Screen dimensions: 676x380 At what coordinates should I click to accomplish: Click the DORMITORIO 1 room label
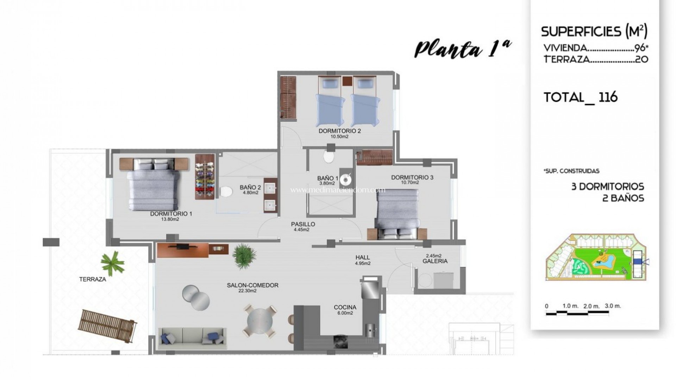click(x=171, y=214)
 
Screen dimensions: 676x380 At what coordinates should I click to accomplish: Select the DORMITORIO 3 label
click(x=412, y=177)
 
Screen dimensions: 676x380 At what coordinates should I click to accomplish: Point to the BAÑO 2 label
click(x=250, y=188)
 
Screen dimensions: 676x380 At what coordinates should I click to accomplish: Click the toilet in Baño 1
click(x=329, y=156)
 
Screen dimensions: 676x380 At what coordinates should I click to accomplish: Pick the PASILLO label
click(x=303, y=224)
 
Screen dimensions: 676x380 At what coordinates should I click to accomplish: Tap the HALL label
click(x=363, y=258)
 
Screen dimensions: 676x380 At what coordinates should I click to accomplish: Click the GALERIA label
click(x=435, y=261)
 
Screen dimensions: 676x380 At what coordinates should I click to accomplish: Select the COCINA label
click(x=345, y=307)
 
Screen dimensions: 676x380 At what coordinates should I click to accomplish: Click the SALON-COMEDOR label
click(x=253, y=285)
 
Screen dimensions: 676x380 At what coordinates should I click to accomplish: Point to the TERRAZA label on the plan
click(x=93, y=279)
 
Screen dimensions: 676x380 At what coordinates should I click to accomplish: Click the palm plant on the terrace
click(x=112, y=263)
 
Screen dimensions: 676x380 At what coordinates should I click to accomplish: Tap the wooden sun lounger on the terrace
click(x=108, y=325)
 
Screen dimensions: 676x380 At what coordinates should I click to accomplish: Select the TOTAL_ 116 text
click(x=581, y=97)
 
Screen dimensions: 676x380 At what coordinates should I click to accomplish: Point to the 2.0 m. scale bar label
click(x=591, y=306)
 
